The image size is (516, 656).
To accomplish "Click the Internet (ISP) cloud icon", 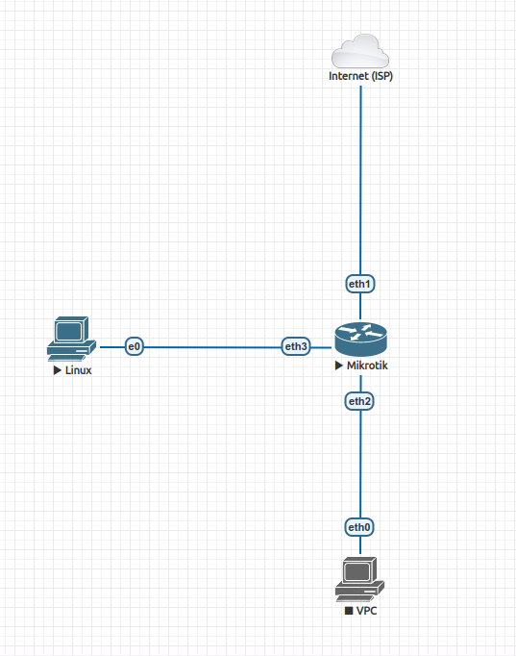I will [360, 49].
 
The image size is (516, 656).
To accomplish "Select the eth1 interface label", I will [360, 284].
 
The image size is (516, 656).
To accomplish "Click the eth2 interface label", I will [360, 400].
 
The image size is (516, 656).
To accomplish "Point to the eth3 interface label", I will [296, 346].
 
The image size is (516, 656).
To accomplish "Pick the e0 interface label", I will [135, 346].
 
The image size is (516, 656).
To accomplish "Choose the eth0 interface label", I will [360, 527].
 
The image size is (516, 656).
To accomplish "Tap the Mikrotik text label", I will [367, 366].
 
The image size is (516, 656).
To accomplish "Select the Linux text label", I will [78, 370].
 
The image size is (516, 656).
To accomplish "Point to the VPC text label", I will [366, 611].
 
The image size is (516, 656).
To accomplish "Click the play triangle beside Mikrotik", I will [338, 366].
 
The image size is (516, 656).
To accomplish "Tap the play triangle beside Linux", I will [58, 370].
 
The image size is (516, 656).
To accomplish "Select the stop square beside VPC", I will [349, 611].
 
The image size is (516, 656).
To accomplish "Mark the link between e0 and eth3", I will [211, 346].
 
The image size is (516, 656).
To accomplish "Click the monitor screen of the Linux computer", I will [68, 331].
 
